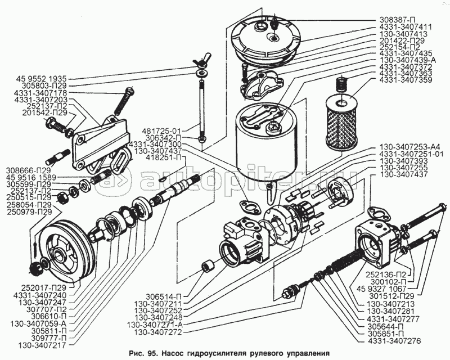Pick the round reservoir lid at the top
coord(269,35)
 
